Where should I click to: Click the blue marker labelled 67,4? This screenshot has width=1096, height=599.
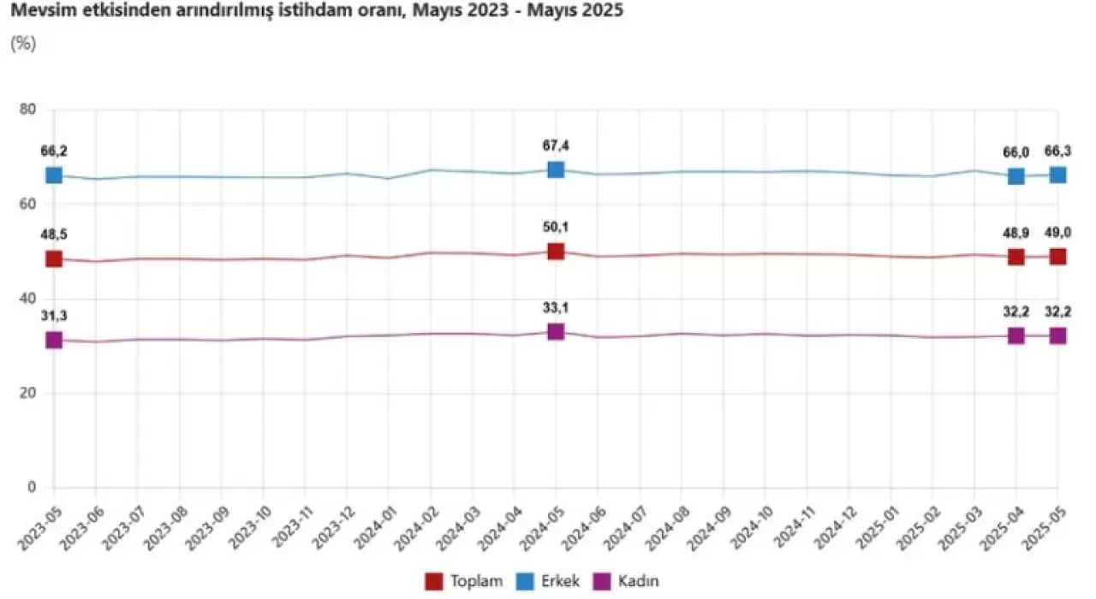pos(556,169)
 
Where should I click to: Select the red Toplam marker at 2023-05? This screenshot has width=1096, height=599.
pos(54,258)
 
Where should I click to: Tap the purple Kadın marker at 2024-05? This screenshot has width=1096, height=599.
pos(556,331)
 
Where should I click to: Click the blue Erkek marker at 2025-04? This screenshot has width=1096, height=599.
pos(1016,176)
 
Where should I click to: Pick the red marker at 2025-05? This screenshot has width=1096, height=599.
pos(1058,257)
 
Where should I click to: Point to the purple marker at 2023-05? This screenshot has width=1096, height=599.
pos(54,340)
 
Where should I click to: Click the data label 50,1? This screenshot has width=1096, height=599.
pos(556,227)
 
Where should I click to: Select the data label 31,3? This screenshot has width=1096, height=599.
pos(54,317)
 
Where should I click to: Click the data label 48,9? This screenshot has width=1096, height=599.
pos(1016,234)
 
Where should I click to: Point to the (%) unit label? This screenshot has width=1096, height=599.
pos(22,43)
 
